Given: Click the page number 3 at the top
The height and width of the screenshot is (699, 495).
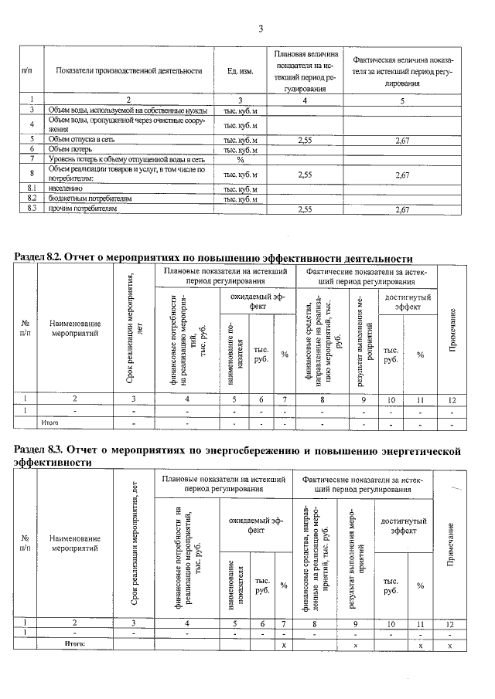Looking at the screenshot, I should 261,29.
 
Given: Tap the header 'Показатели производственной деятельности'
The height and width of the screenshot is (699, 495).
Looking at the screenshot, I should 129,71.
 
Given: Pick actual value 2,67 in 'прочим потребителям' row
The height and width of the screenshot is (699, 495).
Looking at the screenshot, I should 401,209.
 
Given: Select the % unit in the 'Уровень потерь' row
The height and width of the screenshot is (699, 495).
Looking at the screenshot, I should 241,159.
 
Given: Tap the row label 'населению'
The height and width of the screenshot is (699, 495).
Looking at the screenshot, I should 67,188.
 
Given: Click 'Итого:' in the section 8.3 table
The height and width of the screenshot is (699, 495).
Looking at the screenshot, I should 74,643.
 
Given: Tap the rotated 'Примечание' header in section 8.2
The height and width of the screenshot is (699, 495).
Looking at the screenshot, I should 453,329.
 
